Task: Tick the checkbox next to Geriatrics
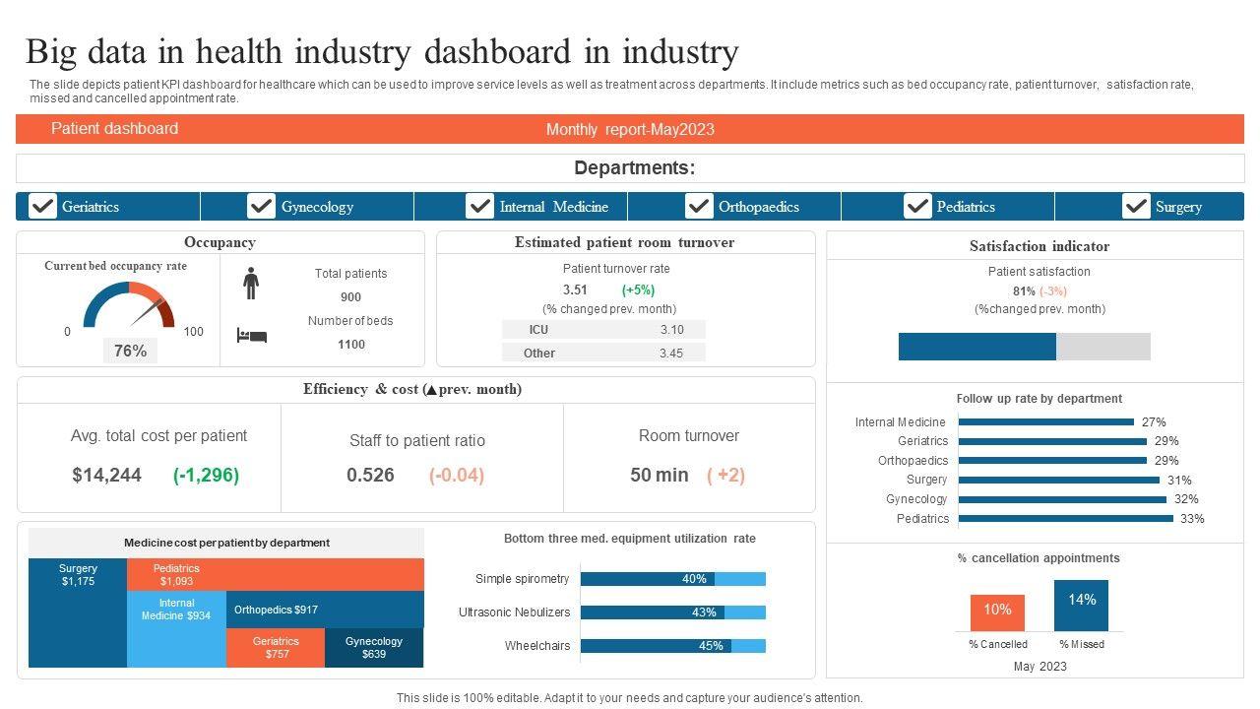pyautogui.click(x=42, y=206)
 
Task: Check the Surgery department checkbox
pyautogui.click(x=1136, y=206)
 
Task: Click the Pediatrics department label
pyautogui.click(x=965, y=207)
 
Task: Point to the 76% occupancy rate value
pyautogui.click(x=130, y=351)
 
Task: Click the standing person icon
pyautogui.click(x=251, y=283)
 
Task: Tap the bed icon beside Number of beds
pyautogui.click(x=251, y=336)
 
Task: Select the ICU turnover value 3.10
pyautogui.click(x=671, y=330)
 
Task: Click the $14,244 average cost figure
pyautogui.click(x=106, y=475)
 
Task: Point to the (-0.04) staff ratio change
pyautogui.click(x=457, y=475)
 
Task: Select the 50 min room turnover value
pyautogui.click(x=659, y=475)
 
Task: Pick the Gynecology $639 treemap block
pyautogui.click(x=374, y=648)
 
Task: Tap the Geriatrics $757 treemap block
pyautogui.click(x=276, y=648)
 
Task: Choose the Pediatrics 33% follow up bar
pyautogui.click(x=1065, y=518)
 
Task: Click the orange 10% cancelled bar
pyautogui.click(x=997, y=612)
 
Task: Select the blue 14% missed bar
pyautogui.click(x=1081, y=605)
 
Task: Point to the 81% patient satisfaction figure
pyautogui.click(x=1024, y=291)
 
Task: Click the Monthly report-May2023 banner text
pyautogui.click(x=630, y=129)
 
